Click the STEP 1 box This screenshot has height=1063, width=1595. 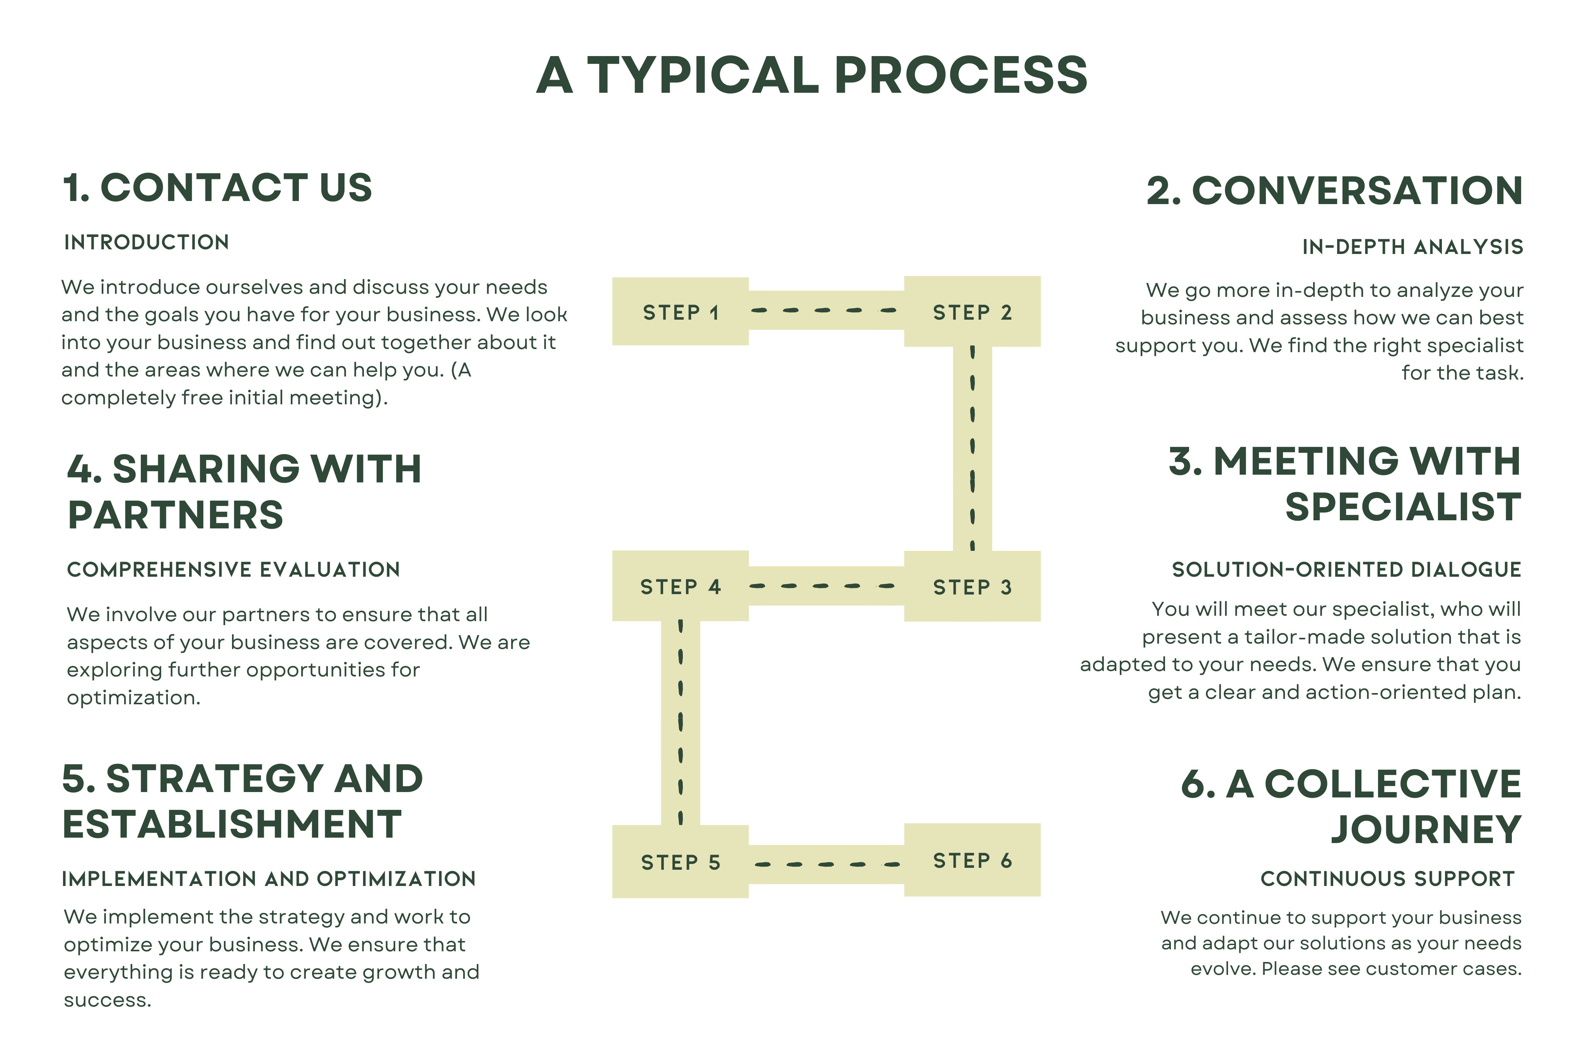pyautogui.click(x=680, y=312)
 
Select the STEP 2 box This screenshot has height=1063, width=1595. pyautogui.click(x=972, y=312)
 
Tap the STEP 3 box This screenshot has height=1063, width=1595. pyautogui.click(x=972, y=586)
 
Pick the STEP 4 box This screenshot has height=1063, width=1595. pyautogui.click(x=680, y=586)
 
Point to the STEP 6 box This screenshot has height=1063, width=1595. pyautogui.click(x=972, y=860)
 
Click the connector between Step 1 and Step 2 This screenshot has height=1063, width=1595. pyautogui.click(x=826, y=310)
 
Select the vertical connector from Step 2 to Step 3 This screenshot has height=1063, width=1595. pyautogui.click(x=972, y=448)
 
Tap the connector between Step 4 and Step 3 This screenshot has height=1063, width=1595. pyautogui.click(x=826, y=586)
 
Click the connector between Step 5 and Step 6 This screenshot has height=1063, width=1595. pyautogui.click(x=826, y=864)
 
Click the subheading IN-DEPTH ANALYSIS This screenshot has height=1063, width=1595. pyautogui.click(x=1412, y=247)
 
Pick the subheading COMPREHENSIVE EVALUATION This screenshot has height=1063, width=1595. pyautogui.click(x=233, y=569)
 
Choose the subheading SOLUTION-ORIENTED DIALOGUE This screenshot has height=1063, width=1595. pyautogui.click(x=1346, y=569)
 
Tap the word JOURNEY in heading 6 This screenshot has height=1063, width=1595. pyautogui.click(x=1426, y=829)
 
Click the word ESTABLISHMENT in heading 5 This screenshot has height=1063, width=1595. pyautogui.click(x=232, y=825)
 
